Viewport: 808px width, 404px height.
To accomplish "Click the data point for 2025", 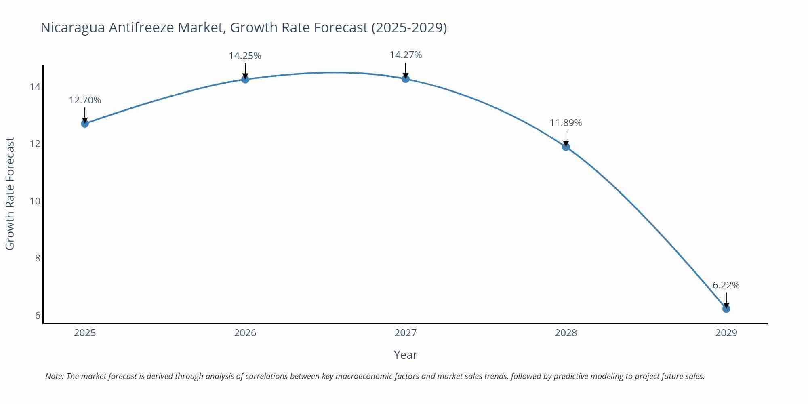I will click(85, 124).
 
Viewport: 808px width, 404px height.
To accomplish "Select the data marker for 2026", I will click(245, 79).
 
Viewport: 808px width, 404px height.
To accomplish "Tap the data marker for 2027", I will click(406, 79).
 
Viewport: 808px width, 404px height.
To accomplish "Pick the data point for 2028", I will click(566, 147).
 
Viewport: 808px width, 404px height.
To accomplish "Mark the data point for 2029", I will click(726, 309).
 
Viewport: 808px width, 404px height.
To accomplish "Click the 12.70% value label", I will click(85, 100).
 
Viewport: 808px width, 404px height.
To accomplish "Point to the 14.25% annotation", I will click(245, 56).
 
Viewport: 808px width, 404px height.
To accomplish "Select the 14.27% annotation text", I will click(406, 55).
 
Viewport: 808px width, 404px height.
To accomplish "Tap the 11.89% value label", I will click(566, 123).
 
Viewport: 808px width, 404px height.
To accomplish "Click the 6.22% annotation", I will click(726, 285).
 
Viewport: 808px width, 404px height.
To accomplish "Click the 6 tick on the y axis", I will click(38, 316).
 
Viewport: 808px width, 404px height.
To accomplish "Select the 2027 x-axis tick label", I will click(406, 333).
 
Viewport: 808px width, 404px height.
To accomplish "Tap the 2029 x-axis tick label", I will click(726, 333).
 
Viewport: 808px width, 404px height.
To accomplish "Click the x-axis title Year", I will click(405, 355).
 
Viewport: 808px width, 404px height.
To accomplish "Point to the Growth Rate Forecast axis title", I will click(10, 194).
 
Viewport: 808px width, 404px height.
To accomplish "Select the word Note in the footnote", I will click(54, 376).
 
